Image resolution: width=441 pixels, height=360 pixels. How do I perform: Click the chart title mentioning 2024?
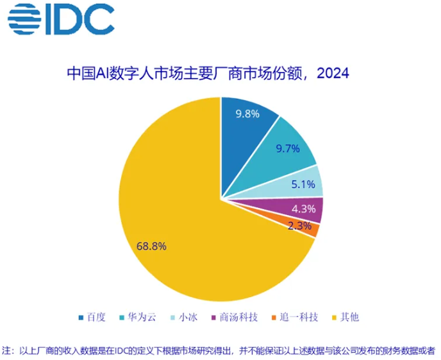(x=208, y=73)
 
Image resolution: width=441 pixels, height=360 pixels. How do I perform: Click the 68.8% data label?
(x=152, y=245)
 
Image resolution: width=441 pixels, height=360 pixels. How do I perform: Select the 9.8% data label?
(x=247, y=114)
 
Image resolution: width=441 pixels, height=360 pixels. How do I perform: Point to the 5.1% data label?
(x=303, y=185)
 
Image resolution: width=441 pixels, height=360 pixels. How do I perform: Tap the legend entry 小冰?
(x=184, y=317)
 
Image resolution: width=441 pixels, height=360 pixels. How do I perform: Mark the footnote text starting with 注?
(x=218, y=350)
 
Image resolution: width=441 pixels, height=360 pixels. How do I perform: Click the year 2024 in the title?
(x=332, y=73)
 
